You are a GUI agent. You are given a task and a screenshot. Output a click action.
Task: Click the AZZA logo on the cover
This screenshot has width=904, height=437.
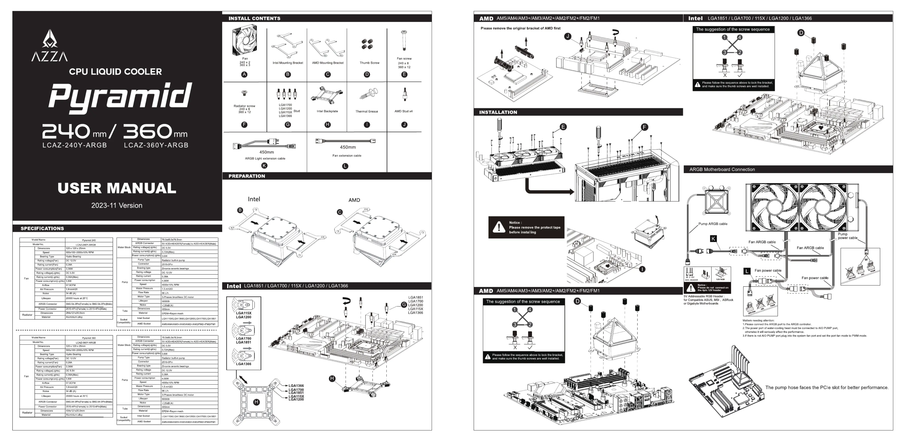[49, 46]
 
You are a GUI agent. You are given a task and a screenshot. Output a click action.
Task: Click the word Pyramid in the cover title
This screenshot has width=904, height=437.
[120, 96]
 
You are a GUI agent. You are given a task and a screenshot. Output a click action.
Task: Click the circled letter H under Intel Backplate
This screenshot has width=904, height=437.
[328, 125]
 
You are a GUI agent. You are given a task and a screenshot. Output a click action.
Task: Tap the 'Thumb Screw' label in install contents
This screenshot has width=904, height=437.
[369, 63]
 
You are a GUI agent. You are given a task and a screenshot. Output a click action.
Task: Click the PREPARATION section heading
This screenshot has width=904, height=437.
[247, 176]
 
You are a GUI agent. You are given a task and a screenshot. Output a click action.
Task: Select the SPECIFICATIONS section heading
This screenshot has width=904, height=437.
[42, 228]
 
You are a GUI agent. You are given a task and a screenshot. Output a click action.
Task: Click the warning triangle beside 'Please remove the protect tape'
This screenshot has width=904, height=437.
[499, 227]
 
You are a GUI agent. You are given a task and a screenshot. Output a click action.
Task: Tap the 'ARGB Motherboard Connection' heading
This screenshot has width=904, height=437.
[722, 169]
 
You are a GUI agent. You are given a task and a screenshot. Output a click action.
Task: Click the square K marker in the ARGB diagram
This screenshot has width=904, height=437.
[713, 239]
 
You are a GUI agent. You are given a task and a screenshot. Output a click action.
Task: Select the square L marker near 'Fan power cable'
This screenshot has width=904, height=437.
[747, 271]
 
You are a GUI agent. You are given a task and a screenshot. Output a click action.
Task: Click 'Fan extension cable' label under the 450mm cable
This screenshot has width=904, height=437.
[347, 156]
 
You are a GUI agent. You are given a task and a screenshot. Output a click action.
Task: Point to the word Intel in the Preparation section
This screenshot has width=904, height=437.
[254, 199]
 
